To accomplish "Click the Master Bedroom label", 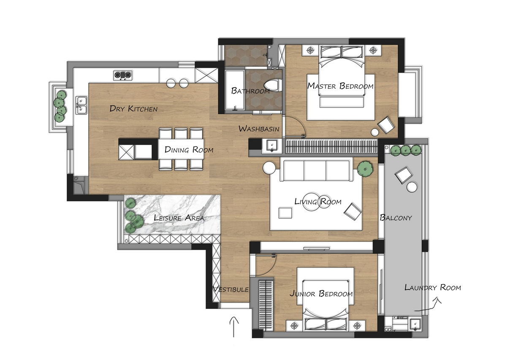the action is click(340, 86).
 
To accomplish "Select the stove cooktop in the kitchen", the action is click(122, 75).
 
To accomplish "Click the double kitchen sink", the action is click(81, 105).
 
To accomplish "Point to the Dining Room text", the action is click(189, 149).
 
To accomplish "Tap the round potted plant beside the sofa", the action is click(365, 168).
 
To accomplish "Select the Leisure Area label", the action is click(179, 217).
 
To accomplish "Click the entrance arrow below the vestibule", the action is click(234, 327).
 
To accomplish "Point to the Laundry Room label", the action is click(432, 287).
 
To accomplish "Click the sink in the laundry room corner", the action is click(415, 325).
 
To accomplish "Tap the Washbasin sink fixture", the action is click(272, 145).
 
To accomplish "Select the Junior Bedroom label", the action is click(321, 293).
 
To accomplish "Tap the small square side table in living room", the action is click(285, 213).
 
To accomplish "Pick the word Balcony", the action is click(396, 217).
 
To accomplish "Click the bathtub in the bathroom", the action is click(235, 90).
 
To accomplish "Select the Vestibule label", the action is click(231, 289).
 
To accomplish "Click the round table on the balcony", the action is click(412, 187).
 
